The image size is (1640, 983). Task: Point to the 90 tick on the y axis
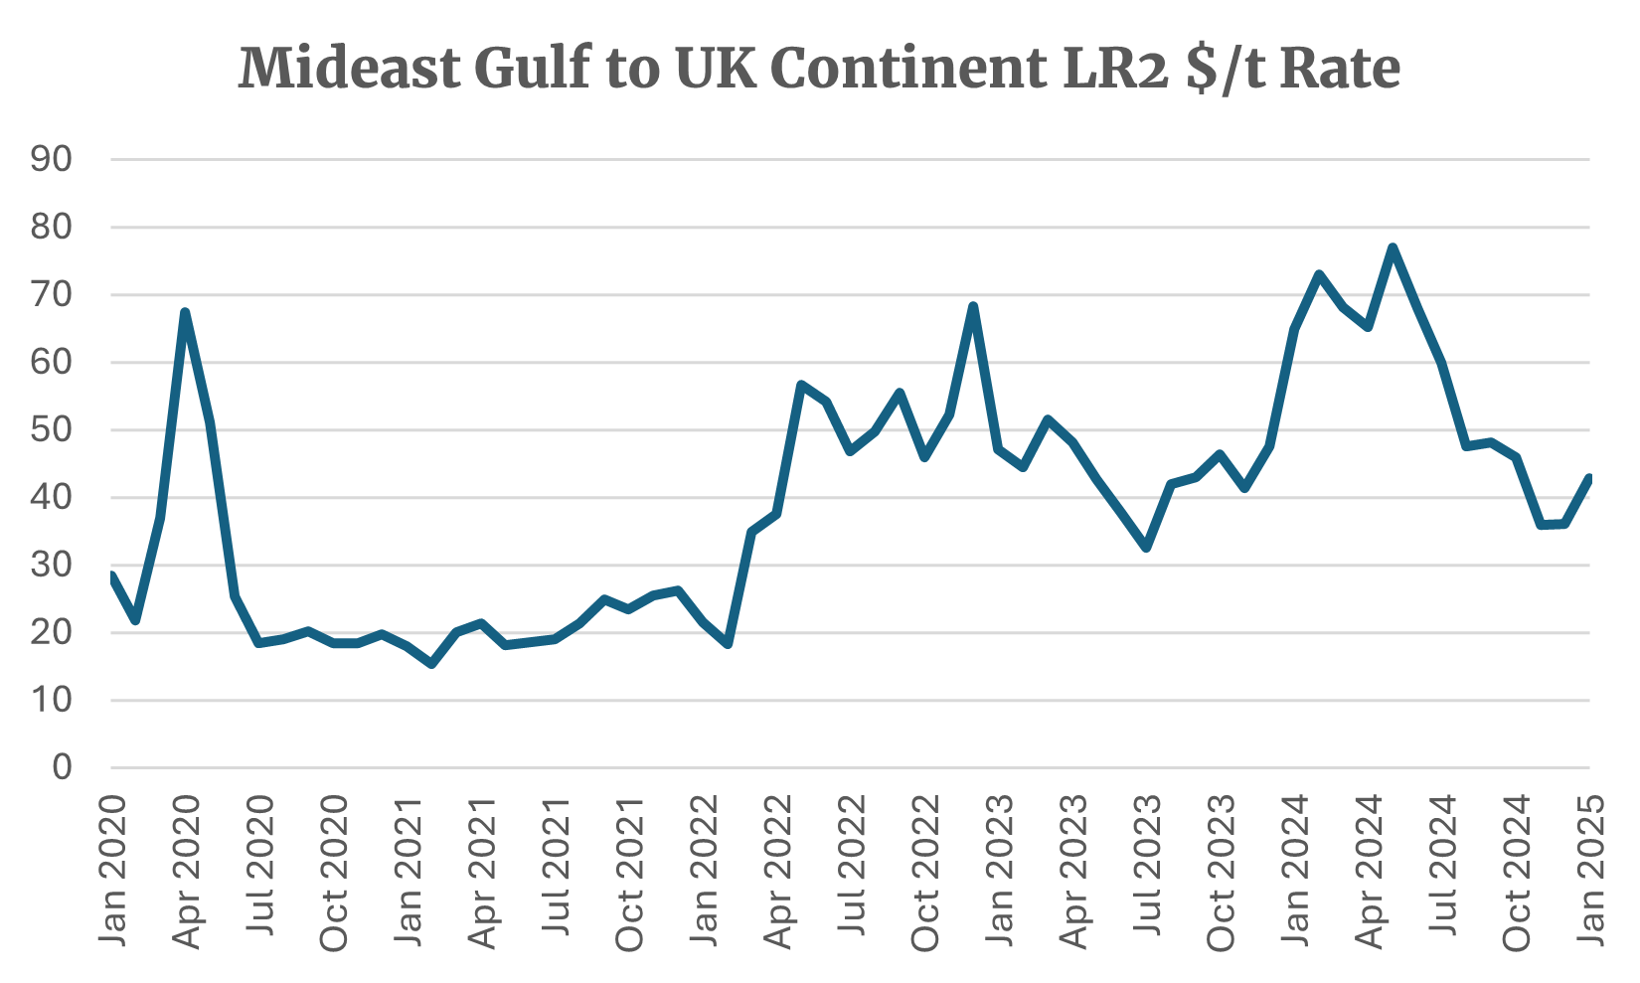(51, 159)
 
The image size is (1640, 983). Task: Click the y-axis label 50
(51, 430)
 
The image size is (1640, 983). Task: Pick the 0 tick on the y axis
(63, 767)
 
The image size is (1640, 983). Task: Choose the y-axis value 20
(51, 633)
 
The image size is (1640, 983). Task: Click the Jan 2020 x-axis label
(112, 871)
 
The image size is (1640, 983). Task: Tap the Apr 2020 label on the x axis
(187, 871)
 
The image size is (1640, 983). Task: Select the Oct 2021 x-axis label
(629, 871)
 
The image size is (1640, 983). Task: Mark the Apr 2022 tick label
(777, 871)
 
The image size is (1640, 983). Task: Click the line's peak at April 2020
(185, 312)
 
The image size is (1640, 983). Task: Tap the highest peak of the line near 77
(1393, 247)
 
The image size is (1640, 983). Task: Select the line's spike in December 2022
(973, 306)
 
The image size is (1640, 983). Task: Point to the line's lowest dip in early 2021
(431, 664)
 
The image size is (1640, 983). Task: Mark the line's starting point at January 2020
(111, 574)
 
